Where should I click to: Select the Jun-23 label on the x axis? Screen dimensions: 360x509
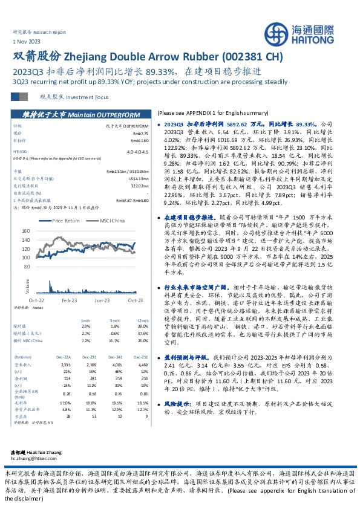101,299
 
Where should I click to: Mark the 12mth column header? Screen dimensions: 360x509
142,320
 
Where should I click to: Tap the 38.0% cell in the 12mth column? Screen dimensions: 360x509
142,326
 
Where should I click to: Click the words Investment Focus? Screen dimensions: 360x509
84,97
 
